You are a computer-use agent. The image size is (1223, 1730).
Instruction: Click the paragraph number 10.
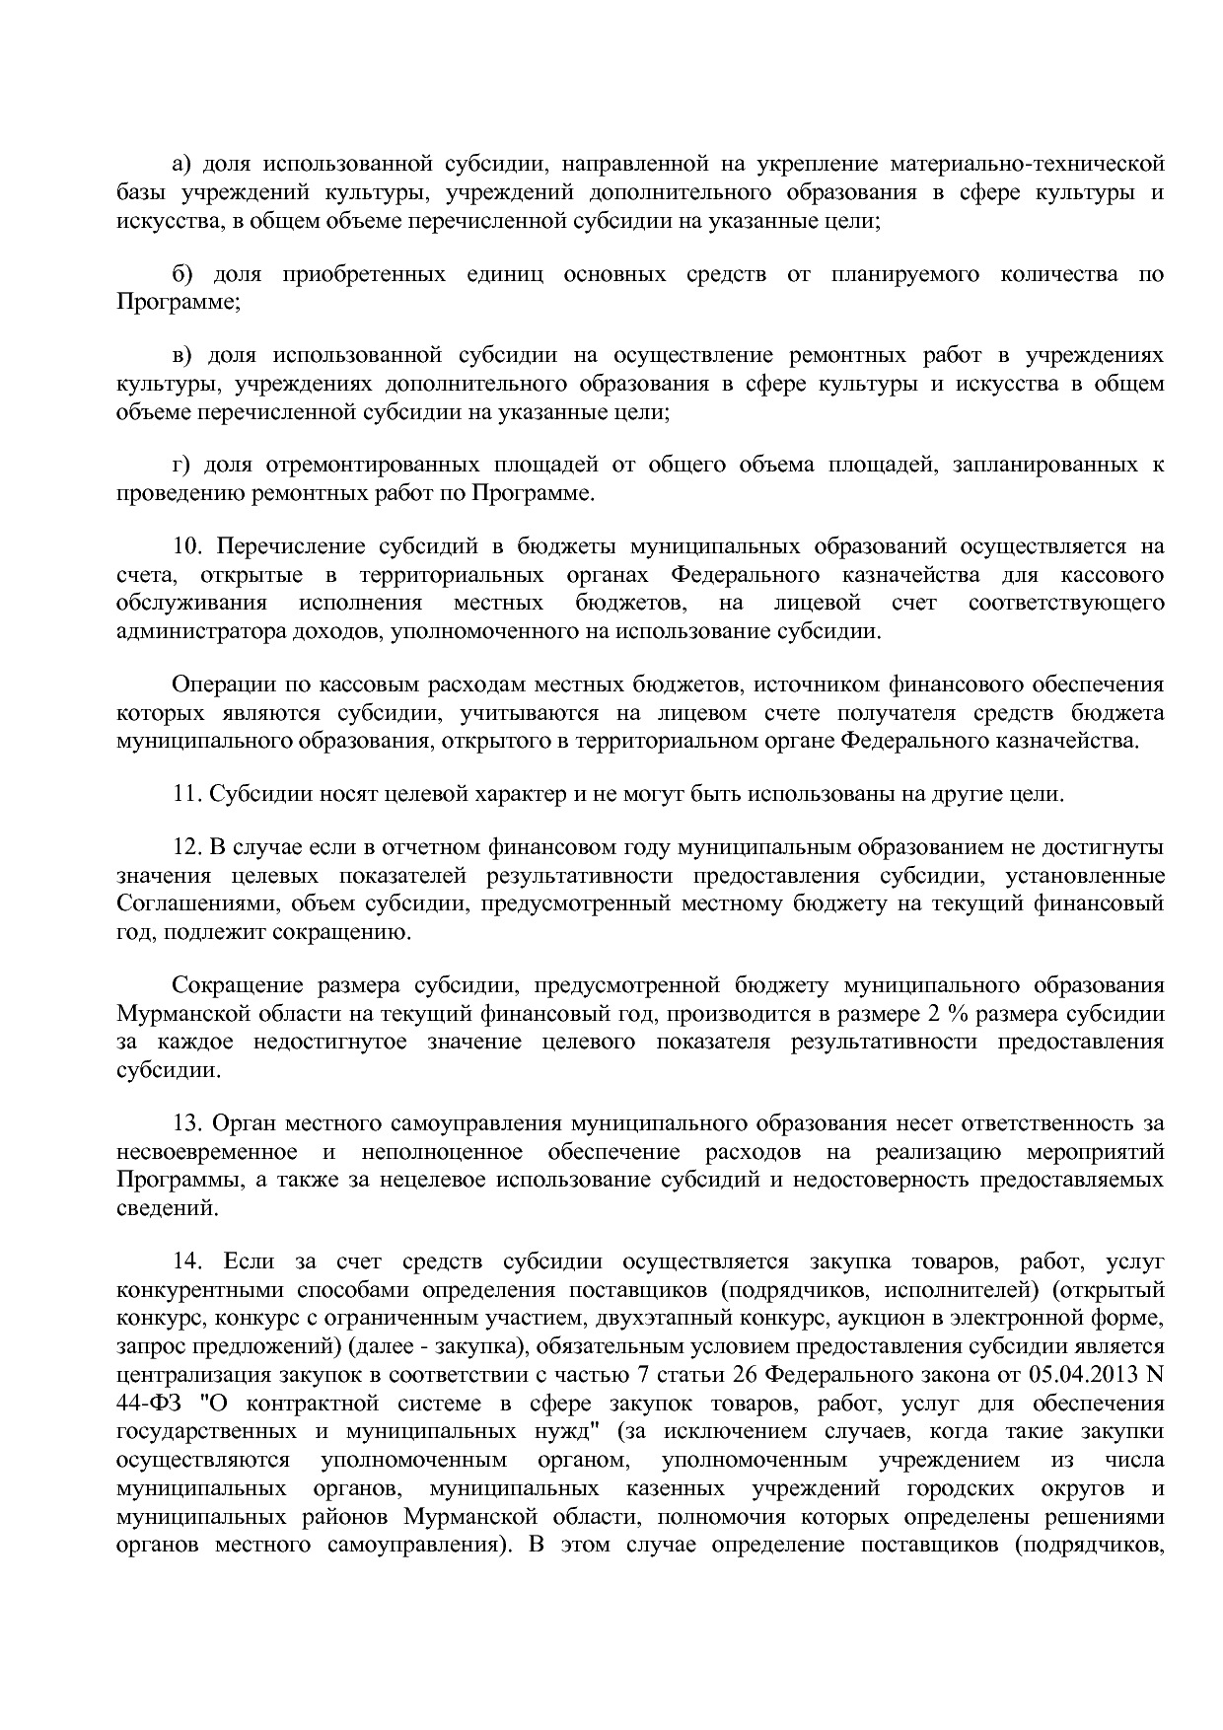[186, 546]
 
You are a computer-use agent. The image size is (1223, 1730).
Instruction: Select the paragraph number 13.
[186, 1123]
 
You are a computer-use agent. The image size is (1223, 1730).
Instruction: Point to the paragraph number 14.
[186, 1261]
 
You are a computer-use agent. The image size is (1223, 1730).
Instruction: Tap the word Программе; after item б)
[179, 302]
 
